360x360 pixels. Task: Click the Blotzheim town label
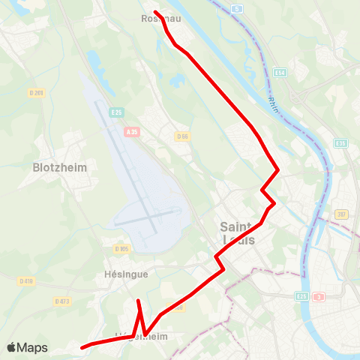[x=60, y=168]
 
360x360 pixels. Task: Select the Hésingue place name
[x=125, y=274]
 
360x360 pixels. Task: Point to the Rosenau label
[x=157, y=19]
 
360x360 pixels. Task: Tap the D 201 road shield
[x=36, y=92]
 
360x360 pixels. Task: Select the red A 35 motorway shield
[x=132, y=131]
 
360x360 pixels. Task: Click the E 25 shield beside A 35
[x=116, y=112]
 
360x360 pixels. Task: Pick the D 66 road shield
[x=182, y=136]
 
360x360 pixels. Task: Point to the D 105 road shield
[x=122, y=248]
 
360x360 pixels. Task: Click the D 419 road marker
[x=26, y=280]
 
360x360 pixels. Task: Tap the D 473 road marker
[x=61, y=301]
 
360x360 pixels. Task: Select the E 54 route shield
[x=280, y=73]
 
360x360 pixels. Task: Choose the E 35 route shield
[x=340, y=143]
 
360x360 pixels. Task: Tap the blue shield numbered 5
[x=236, y=9]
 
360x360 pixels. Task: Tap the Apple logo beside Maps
[x=11, y=348]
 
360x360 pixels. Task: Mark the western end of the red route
[x=82, y=346]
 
